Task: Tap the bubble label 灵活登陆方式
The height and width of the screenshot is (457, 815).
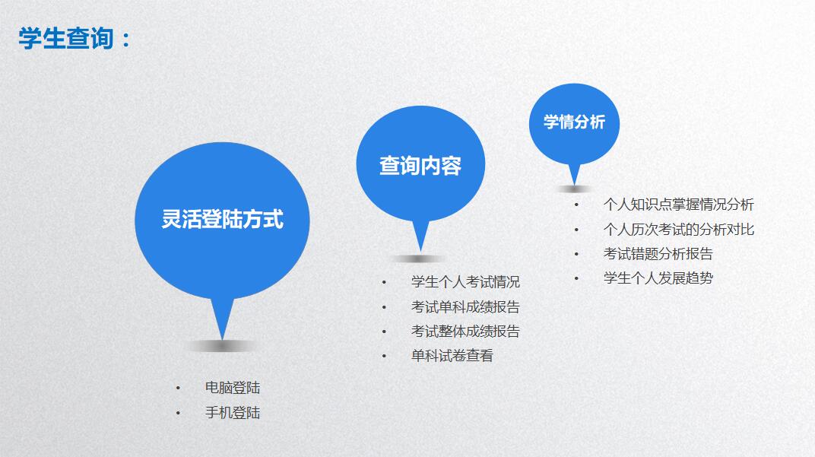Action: (223, 219)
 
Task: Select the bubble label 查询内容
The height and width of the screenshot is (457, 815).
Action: (420, 166)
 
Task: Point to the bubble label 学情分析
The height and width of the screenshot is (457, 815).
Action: (574, 122)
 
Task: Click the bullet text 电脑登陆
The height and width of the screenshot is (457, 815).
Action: (233, 387)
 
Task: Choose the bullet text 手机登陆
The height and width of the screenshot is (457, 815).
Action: (233, 413)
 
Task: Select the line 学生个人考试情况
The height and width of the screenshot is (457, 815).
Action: (465, 282)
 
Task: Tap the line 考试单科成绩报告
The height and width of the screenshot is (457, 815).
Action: (465, 306)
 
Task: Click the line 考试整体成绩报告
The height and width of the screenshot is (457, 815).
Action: (465, 332)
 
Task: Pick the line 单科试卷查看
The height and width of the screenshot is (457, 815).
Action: (452, 356)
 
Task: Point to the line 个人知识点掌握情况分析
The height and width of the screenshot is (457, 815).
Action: (678, 205)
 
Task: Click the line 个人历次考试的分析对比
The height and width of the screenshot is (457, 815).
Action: (678, 230)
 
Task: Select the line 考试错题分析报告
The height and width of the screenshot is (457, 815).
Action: (658, 254)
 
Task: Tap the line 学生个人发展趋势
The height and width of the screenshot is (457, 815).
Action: (658, 278)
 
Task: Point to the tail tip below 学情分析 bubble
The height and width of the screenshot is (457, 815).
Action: (574, 185)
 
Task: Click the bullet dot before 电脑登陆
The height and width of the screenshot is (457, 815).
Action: (178, 388)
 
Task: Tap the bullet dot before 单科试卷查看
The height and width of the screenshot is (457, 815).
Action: (384, 356)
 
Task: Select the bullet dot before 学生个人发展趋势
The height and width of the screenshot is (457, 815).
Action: (576, 278)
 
